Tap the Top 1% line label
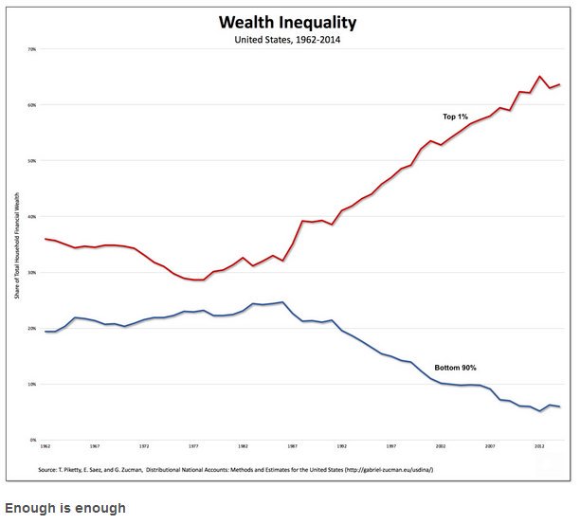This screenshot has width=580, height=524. tap(456, 117)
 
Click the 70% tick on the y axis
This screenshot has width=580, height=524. tap(31, 49)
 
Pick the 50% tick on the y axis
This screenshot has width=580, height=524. tap(31, 161)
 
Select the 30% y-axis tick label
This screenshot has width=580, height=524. tap(31, 273)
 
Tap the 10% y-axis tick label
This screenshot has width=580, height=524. tap(31, 385)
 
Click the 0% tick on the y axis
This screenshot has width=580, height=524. tap(32, 441)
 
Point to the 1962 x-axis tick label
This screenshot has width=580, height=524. tap(45, 445)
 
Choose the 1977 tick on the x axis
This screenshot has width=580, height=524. tap(193, 445)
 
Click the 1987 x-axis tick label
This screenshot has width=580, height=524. tap(292, 445)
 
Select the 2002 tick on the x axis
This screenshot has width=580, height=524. tap(440, 445)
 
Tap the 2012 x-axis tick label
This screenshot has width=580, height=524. tap(539, 445)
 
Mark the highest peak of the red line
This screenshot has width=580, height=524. tap(539, 76)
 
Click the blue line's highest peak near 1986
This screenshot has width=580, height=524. tap(281, 302)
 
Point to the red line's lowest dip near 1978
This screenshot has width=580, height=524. tap(198, 280)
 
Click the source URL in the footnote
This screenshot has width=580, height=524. tap(376, 469)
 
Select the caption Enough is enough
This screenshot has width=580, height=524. tap(63, 508)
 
